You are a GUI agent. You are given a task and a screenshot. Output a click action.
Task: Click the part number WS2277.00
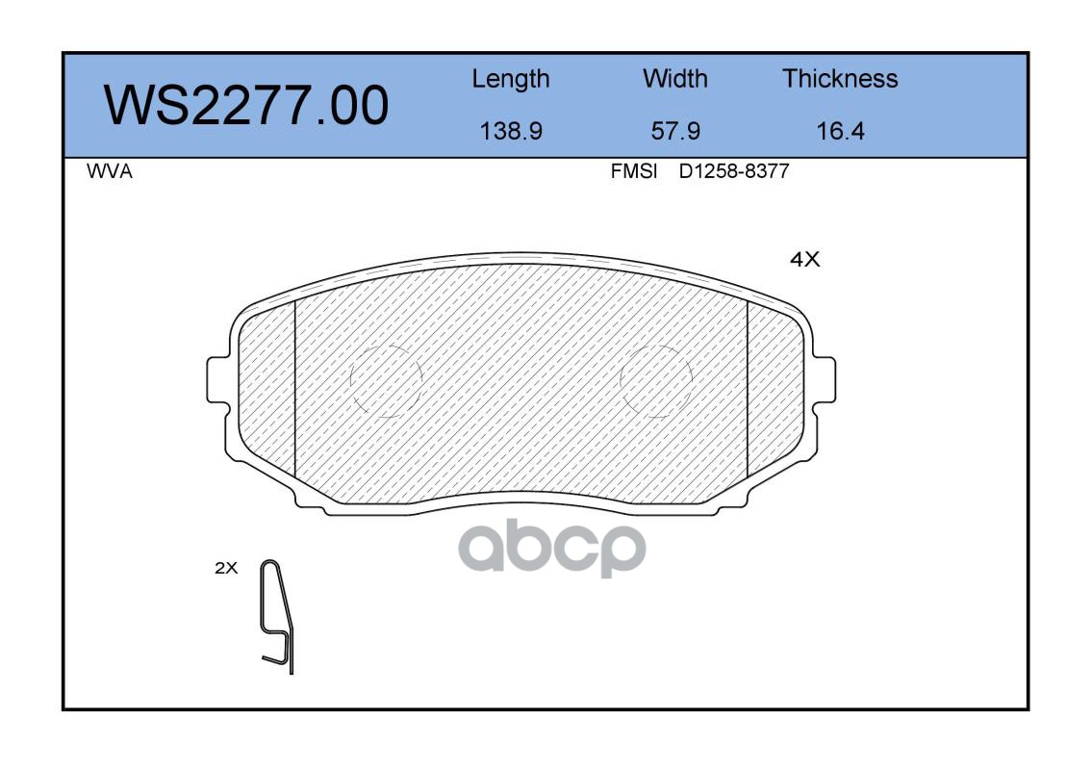point(246,106)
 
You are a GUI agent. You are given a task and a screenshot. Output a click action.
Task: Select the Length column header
point(511,80)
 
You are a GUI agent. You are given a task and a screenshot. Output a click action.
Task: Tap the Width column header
point(674,78)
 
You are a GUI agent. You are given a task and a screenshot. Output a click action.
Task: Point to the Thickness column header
point(840,78)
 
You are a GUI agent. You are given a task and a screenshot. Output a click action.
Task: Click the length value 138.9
point(511,131)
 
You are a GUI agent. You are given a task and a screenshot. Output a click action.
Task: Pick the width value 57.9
point(675,131)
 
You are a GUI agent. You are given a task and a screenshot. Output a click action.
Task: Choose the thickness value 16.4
point(841,131)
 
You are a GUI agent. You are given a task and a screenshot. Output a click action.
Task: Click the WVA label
point(110,171)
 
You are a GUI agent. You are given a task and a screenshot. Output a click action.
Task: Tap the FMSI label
point(634,171)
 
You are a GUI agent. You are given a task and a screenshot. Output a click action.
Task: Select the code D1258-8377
point(734,171)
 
